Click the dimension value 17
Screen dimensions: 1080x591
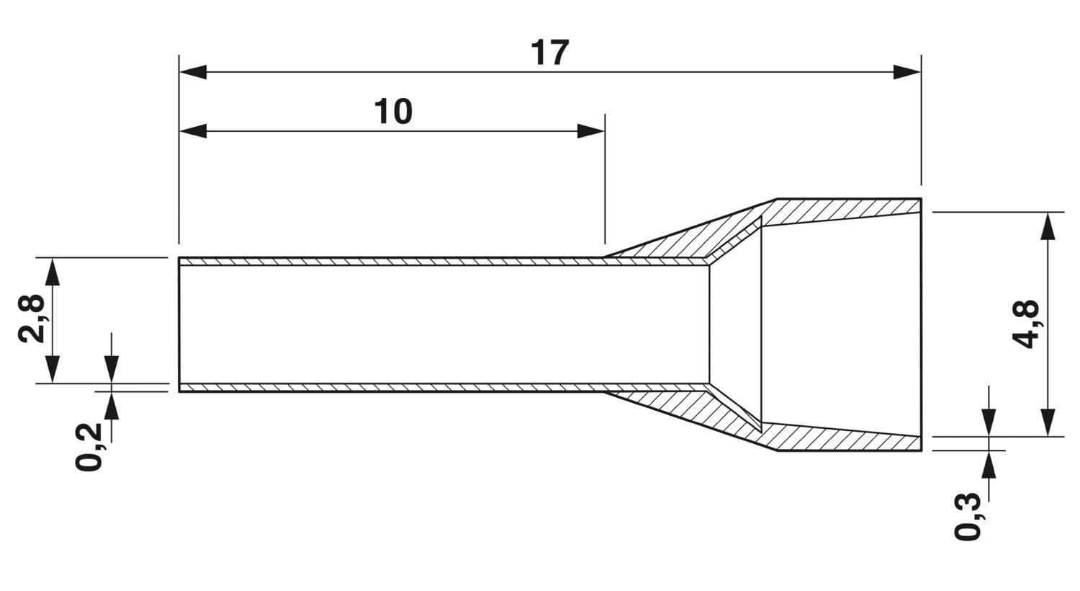tap(550, 53)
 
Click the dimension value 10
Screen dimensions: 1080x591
tap(393, 112)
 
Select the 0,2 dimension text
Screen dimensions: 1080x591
tap(88, 447)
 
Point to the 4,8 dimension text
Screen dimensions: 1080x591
tap(1025, 324)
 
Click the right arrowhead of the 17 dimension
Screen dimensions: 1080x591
tap(907, 72)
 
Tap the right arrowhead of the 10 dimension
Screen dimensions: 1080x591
tap(591, 131)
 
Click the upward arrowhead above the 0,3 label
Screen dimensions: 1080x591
tap(989, 465)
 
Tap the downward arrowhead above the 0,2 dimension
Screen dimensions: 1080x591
tap(112, 370)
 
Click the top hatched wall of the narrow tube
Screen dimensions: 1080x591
tap(389, 262)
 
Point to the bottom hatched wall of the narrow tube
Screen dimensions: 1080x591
tap(389, 388)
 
